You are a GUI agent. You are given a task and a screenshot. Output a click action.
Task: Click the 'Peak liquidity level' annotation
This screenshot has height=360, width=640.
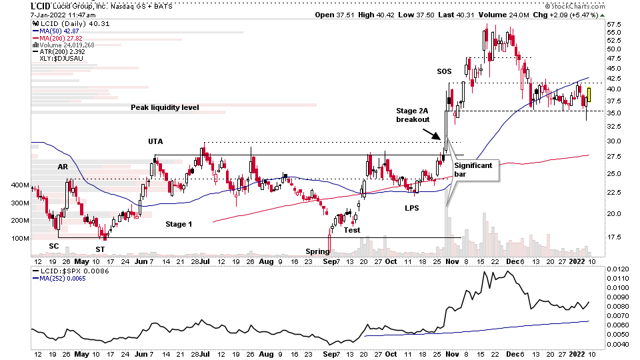(x=165, y=107)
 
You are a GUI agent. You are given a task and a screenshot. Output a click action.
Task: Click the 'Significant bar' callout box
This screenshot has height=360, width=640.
(x=475, y=169)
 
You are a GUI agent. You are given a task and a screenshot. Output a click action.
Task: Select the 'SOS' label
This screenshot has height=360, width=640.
(x=444, y=71)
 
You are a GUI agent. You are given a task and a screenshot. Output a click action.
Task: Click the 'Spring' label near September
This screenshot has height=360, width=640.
(x=317, y=251)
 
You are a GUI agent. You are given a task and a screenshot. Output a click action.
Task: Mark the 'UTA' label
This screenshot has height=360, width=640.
(x=156, y=141)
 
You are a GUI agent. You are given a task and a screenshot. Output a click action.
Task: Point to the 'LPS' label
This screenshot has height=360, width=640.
(x=412, y=208)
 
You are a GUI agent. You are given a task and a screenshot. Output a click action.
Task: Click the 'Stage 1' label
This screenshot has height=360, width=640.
(x=179, y=225)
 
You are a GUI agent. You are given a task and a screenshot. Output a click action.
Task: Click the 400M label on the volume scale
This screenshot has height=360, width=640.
(x=19, y=185)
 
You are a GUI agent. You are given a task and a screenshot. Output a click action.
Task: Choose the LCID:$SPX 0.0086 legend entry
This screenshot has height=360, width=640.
(x=69, y=272)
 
